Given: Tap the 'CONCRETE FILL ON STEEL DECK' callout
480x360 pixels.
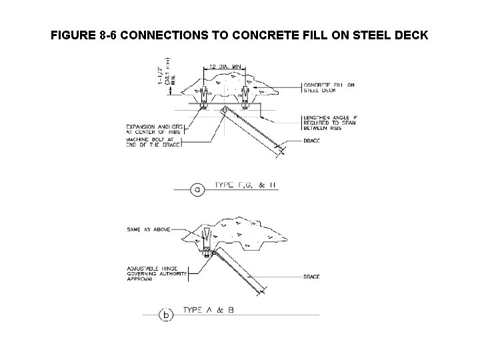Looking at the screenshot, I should (329, 87).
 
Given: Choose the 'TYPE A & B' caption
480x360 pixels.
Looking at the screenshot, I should (211, 309).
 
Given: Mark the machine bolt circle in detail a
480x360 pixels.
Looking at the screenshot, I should (225, 110).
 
